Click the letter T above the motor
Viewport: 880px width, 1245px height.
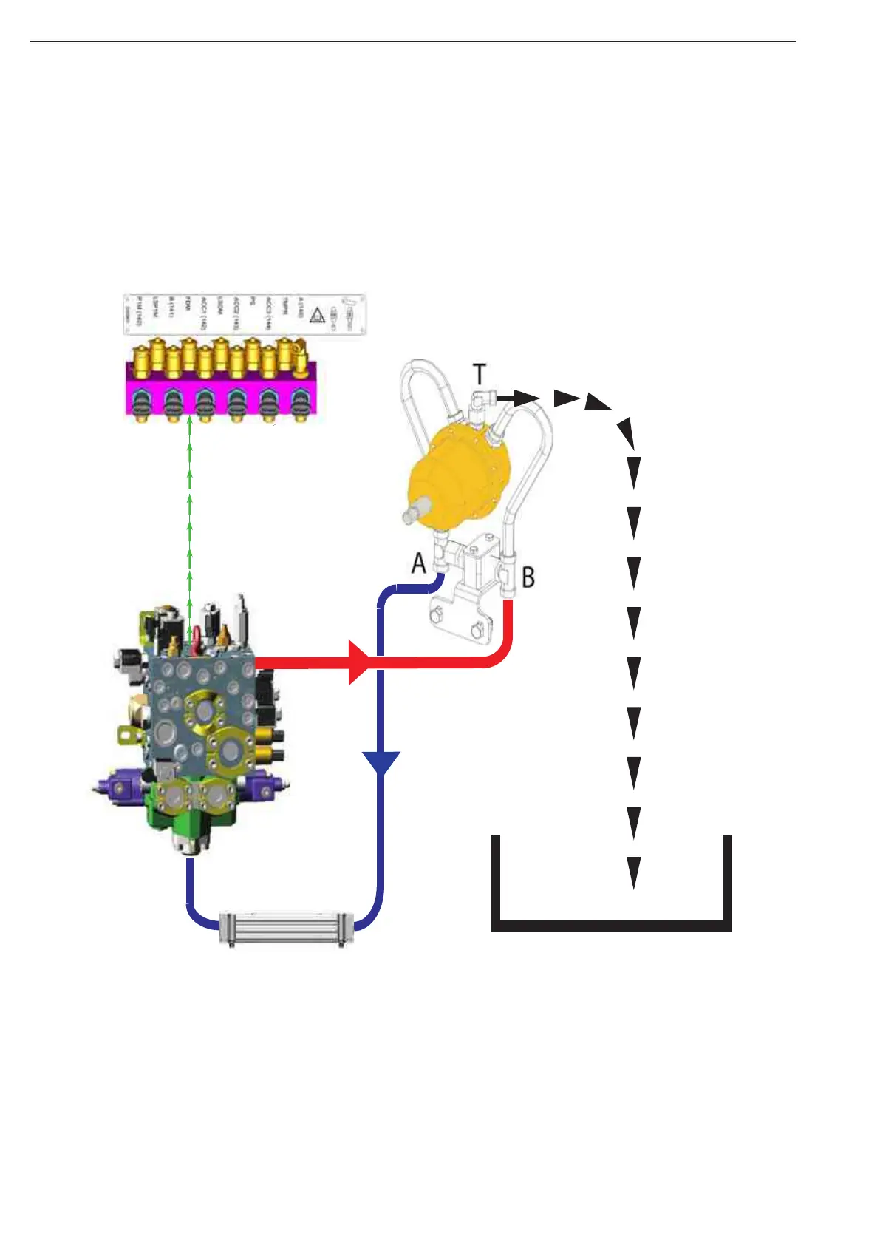point(480,374)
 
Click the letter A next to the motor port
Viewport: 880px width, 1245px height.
point(419,564)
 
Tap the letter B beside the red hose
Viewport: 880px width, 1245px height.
point(528,577)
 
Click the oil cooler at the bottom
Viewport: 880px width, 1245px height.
point(287,928)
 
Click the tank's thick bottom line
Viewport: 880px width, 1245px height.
point(612,925)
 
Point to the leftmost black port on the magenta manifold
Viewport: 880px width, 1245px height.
point(140,404)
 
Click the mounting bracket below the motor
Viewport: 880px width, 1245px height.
point(465,614)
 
